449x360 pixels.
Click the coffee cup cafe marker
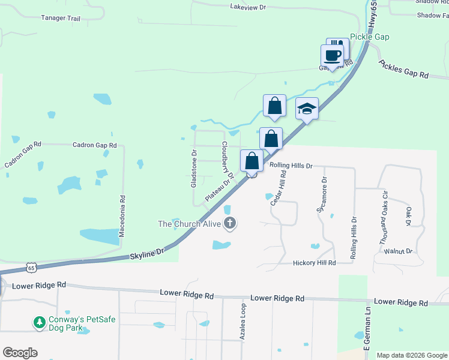point(332,56)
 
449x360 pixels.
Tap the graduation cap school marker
point(307,109)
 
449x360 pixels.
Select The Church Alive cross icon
point(229,224)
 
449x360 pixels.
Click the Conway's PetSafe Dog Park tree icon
point(40,322)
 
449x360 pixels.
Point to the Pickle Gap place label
point(370,37)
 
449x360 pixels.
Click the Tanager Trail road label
point(61,19)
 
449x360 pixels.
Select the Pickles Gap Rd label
point(403,69)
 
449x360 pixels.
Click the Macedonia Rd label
point(122,215)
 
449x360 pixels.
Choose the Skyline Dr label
point(147,254)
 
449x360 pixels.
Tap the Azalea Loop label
point(243,322)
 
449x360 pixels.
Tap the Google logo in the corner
point(20,353)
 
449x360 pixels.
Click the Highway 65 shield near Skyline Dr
point(32,266)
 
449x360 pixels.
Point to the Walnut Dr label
point(400,251)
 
